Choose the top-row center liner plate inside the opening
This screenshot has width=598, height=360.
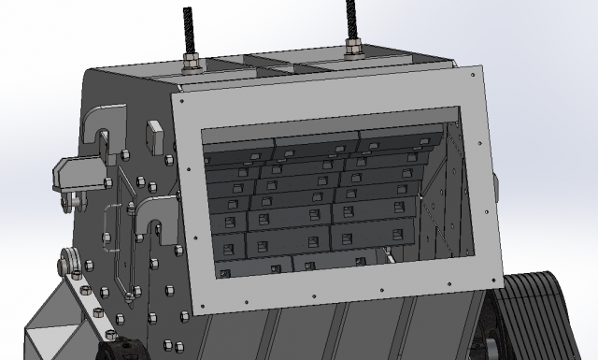pos(316,144)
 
